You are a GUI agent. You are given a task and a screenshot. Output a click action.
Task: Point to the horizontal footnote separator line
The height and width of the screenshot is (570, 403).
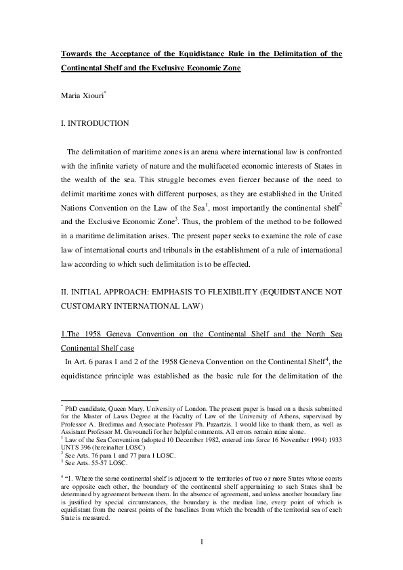109,399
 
